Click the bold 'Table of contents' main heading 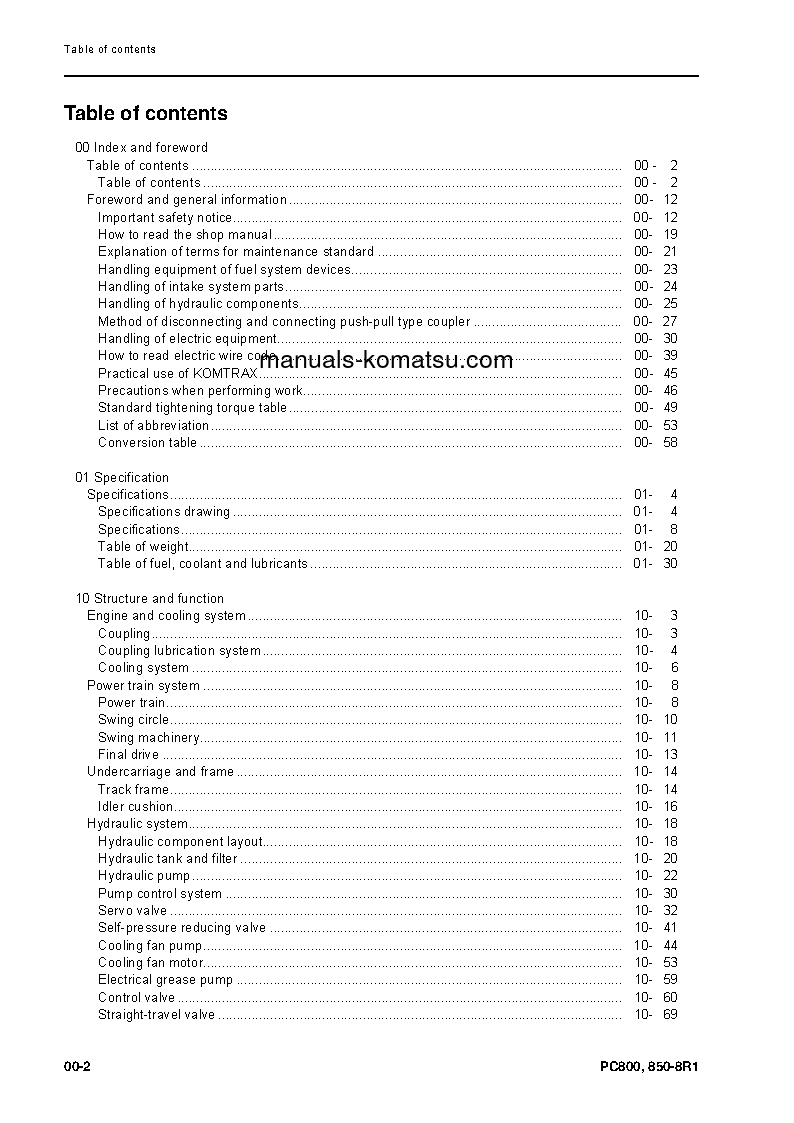tap(146, 114)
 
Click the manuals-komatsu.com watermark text tap(386, 361)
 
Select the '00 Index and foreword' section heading tap(142, 148)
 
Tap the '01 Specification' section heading tap(122, 478)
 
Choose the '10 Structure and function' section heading tap(150, 599)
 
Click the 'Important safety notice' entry tap(165, 217)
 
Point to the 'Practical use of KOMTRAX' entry tap(177, 373)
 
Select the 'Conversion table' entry tap(147, 443)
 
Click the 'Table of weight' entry tap(143, 547)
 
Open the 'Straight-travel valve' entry tap(156, 1015)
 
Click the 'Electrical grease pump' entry tap(165, 980)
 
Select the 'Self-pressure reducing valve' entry tap(182, 928)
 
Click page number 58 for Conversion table tap(670, 443)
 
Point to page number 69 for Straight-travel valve tap(670, 1015)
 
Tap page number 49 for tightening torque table tap(670, 408)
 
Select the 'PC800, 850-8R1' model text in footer tap(642, 1067)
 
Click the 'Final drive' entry tap(128, 755)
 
